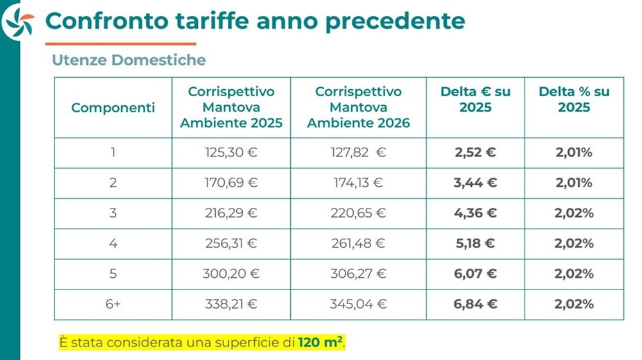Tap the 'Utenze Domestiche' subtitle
pyautogui.click(x=129, y=60)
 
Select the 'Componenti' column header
pyautogui.click(x=113, y=108)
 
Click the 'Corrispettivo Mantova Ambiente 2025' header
pyautogui.click(x=231, y=107)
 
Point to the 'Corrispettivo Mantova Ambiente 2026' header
pyautogui.click(x=359, y=107)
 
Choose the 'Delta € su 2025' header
pyautogui.click(x=475, y=99)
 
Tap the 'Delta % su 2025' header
pyautogui.click(x=574, y=99)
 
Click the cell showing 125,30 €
pyautogui.click(x=231, y=153)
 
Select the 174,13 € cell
pyautogui.click(x=358, y=183)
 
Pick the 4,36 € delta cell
pyautogui.click(x=475, y=213)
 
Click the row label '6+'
pyautogui.click(x=113, y=304)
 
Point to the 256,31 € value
pyautogui.click(x=231, y=243)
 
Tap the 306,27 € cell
pyautogui.click(x=358, y=273)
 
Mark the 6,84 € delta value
pyautogui.click(x=475, y=304)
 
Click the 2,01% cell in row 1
pyautogui.click(x=574, y=153)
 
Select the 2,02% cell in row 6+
pyautogui.click(x=574, y=304)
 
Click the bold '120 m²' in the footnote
pyautogui.click(x=320, y=341)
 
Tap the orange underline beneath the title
pyautogui.click(x=121, y=44)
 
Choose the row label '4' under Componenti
pyautogui.click(x=113, y=243)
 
